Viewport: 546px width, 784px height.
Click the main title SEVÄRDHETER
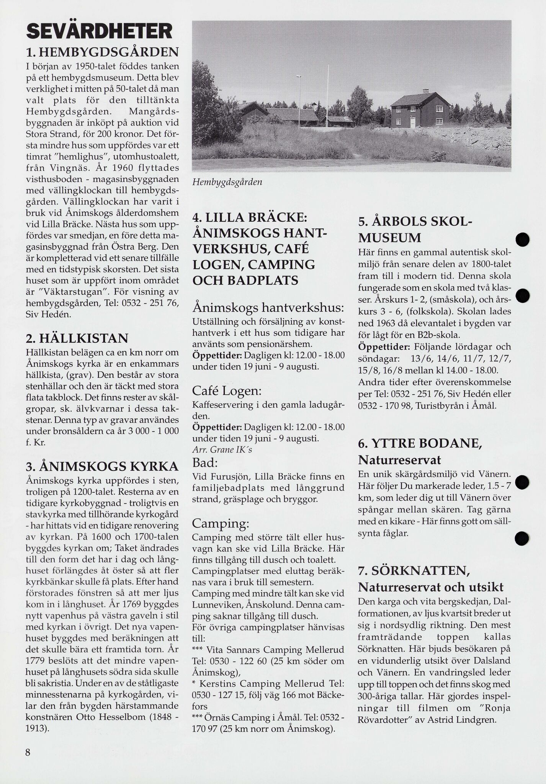tap(99, 32)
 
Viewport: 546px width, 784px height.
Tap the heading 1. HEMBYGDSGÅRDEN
tap(102, 52)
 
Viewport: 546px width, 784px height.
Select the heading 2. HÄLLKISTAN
tap(77, 338)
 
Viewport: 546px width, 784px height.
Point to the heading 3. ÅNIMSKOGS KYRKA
tap(102, 466)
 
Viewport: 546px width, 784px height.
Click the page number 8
tap(28, 752)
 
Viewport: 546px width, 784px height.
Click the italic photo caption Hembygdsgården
tap(227, 182)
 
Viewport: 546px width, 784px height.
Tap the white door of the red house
tap(412, 122)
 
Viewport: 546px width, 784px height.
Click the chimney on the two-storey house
tap(425, 91)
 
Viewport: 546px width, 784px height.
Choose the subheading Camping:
tap(221, 523)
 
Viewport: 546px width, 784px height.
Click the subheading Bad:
tap(205, 463)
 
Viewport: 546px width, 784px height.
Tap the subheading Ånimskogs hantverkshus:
tap(268, 307)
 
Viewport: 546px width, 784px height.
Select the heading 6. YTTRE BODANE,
tap(420, 443)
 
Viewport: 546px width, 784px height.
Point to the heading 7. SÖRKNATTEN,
tap(414, 571)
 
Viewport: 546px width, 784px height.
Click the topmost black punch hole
tap(522, 240)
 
